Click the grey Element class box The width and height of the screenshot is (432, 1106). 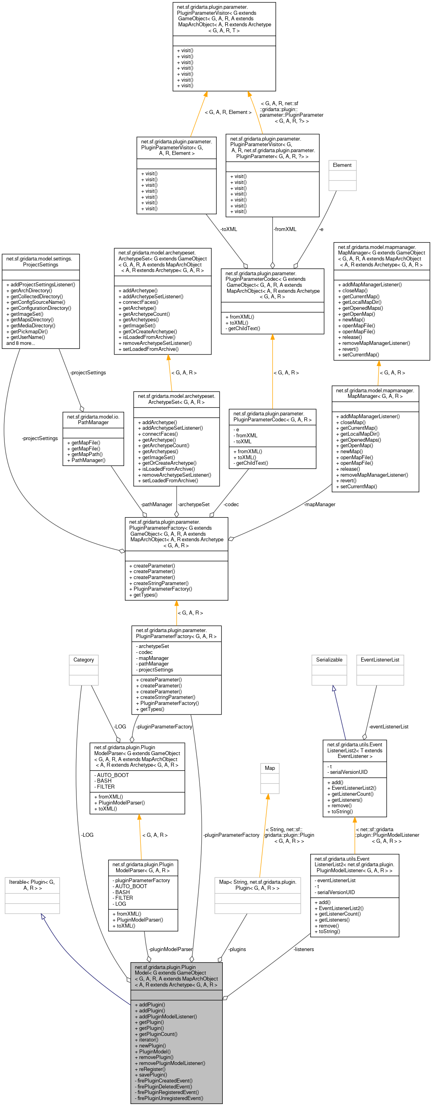(x=342, y=175)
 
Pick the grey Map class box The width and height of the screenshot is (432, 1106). (x=270, y=778)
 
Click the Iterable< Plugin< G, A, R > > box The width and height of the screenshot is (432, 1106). (x=32, y=895)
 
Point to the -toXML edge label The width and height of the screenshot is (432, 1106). (x=229, y=229)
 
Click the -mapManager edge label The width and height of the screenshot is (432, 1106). (x=319, y=504)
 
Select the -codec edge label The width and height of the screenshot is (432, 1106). (x=231, y=504)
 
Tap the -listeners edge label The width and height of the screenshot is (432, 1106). (x=304, y=949)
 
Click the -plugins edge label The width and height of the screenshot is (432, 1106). (x=237, y=949)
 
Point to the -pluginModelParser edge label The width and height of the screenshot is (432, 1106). (x=170, y=949)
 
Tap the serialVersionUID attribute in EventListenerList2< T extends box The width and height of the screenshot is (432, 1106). (x=349, y=771)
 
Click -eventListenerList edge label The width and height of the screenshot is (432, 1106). (x=389, y=726)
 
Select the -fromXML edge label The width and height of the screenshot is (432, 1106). (x=285, y=229)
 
